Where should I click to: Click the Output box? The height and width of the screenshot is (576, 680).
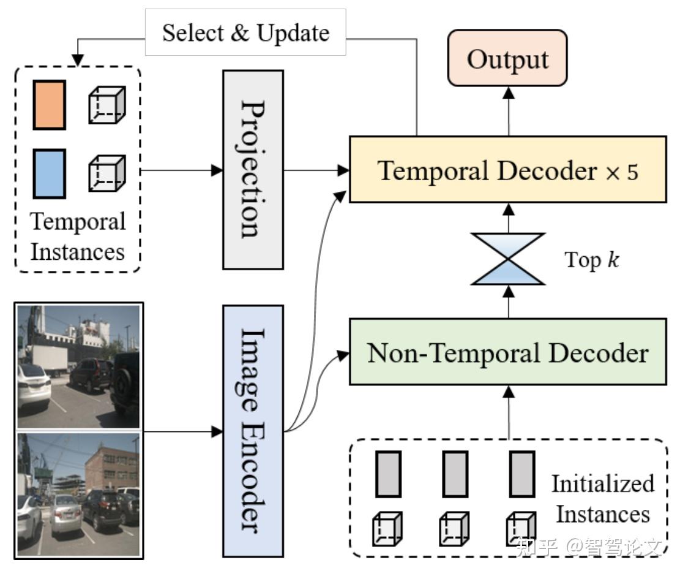coord(507,58)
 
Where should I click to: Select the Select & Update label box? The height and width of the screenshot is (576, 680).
coord(245,32)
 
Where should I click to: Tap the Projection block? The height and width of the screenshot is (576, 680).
coord(253,170)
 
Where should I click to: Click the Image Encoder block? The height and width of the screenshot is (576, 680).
coord(253,431)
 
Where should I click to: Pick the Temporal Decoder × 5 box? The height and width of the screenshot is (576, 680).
coord(508,169)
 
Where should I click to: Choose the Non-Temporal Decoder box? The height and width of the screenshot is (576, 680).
coord(508,352)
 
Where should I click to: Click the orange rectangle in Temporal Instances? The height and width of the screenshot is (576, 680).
coord(50,105)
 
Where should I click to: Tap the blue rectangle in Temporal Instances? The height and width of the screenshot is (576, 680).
coord(50,173)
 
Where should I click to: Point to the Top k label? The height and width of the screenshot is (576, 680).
coord(591,260)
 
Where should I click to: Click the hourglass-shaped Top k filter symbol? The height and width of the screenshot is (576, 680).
coord(508,259)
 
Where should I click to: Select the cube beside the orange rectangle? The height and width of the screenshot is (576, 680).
coord(107,105)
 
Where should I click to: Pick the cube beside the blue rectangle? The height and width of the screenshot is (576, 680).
coord(107,173)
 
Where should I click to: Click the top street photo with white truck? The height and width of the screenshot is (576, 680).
coord(78,367)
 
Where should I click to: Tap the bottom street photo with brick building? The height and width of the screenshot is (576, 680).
coord(78,494)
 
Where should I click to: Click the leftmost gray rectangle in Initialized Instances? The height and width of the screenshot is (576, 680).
coord(388,474)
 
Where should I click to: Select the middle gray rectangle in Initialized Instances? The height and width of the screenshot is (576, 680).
coord(455,474)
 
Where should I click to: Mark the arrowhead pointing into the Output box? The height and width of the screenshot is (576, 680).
coord(508,93)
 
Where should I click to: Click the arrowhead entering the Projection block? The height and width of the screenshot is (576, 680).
coord(217,170)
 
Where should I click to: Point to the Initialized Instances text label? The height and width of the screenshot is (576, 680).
coord(603,499)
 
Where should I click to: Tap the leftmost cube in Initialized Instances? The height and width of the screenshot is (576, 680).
coord(387,529)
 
